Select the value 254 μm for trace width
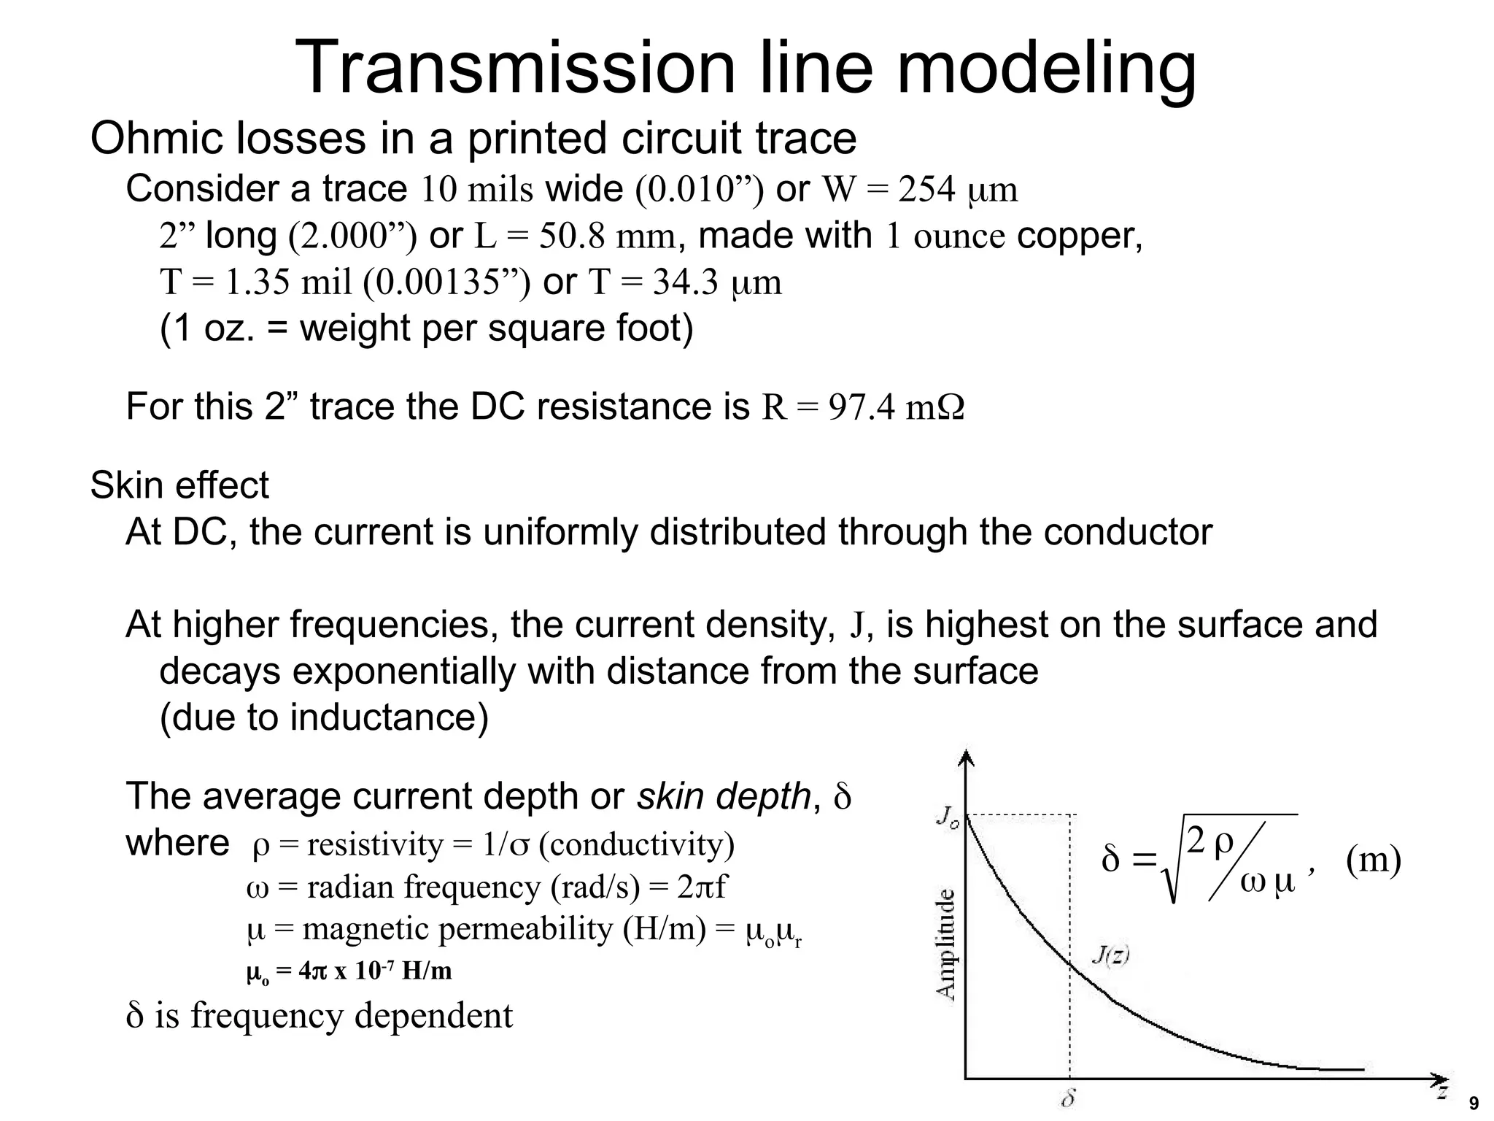[x=958, y=190]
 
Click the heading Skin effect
[x=179, y=485]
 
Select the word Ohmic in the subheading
[x=155, y=138]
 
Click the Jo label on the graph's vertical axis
[x=946, y=815]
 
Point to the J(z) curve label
[x=1110, y=955]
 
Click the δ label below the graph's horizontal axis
[x=1068, y=1098]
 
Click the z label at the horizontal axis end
[x=1441, y=1093]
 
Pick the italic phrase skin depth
[x=723, y=796]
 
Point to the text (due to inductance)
[x=324, y=717]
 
